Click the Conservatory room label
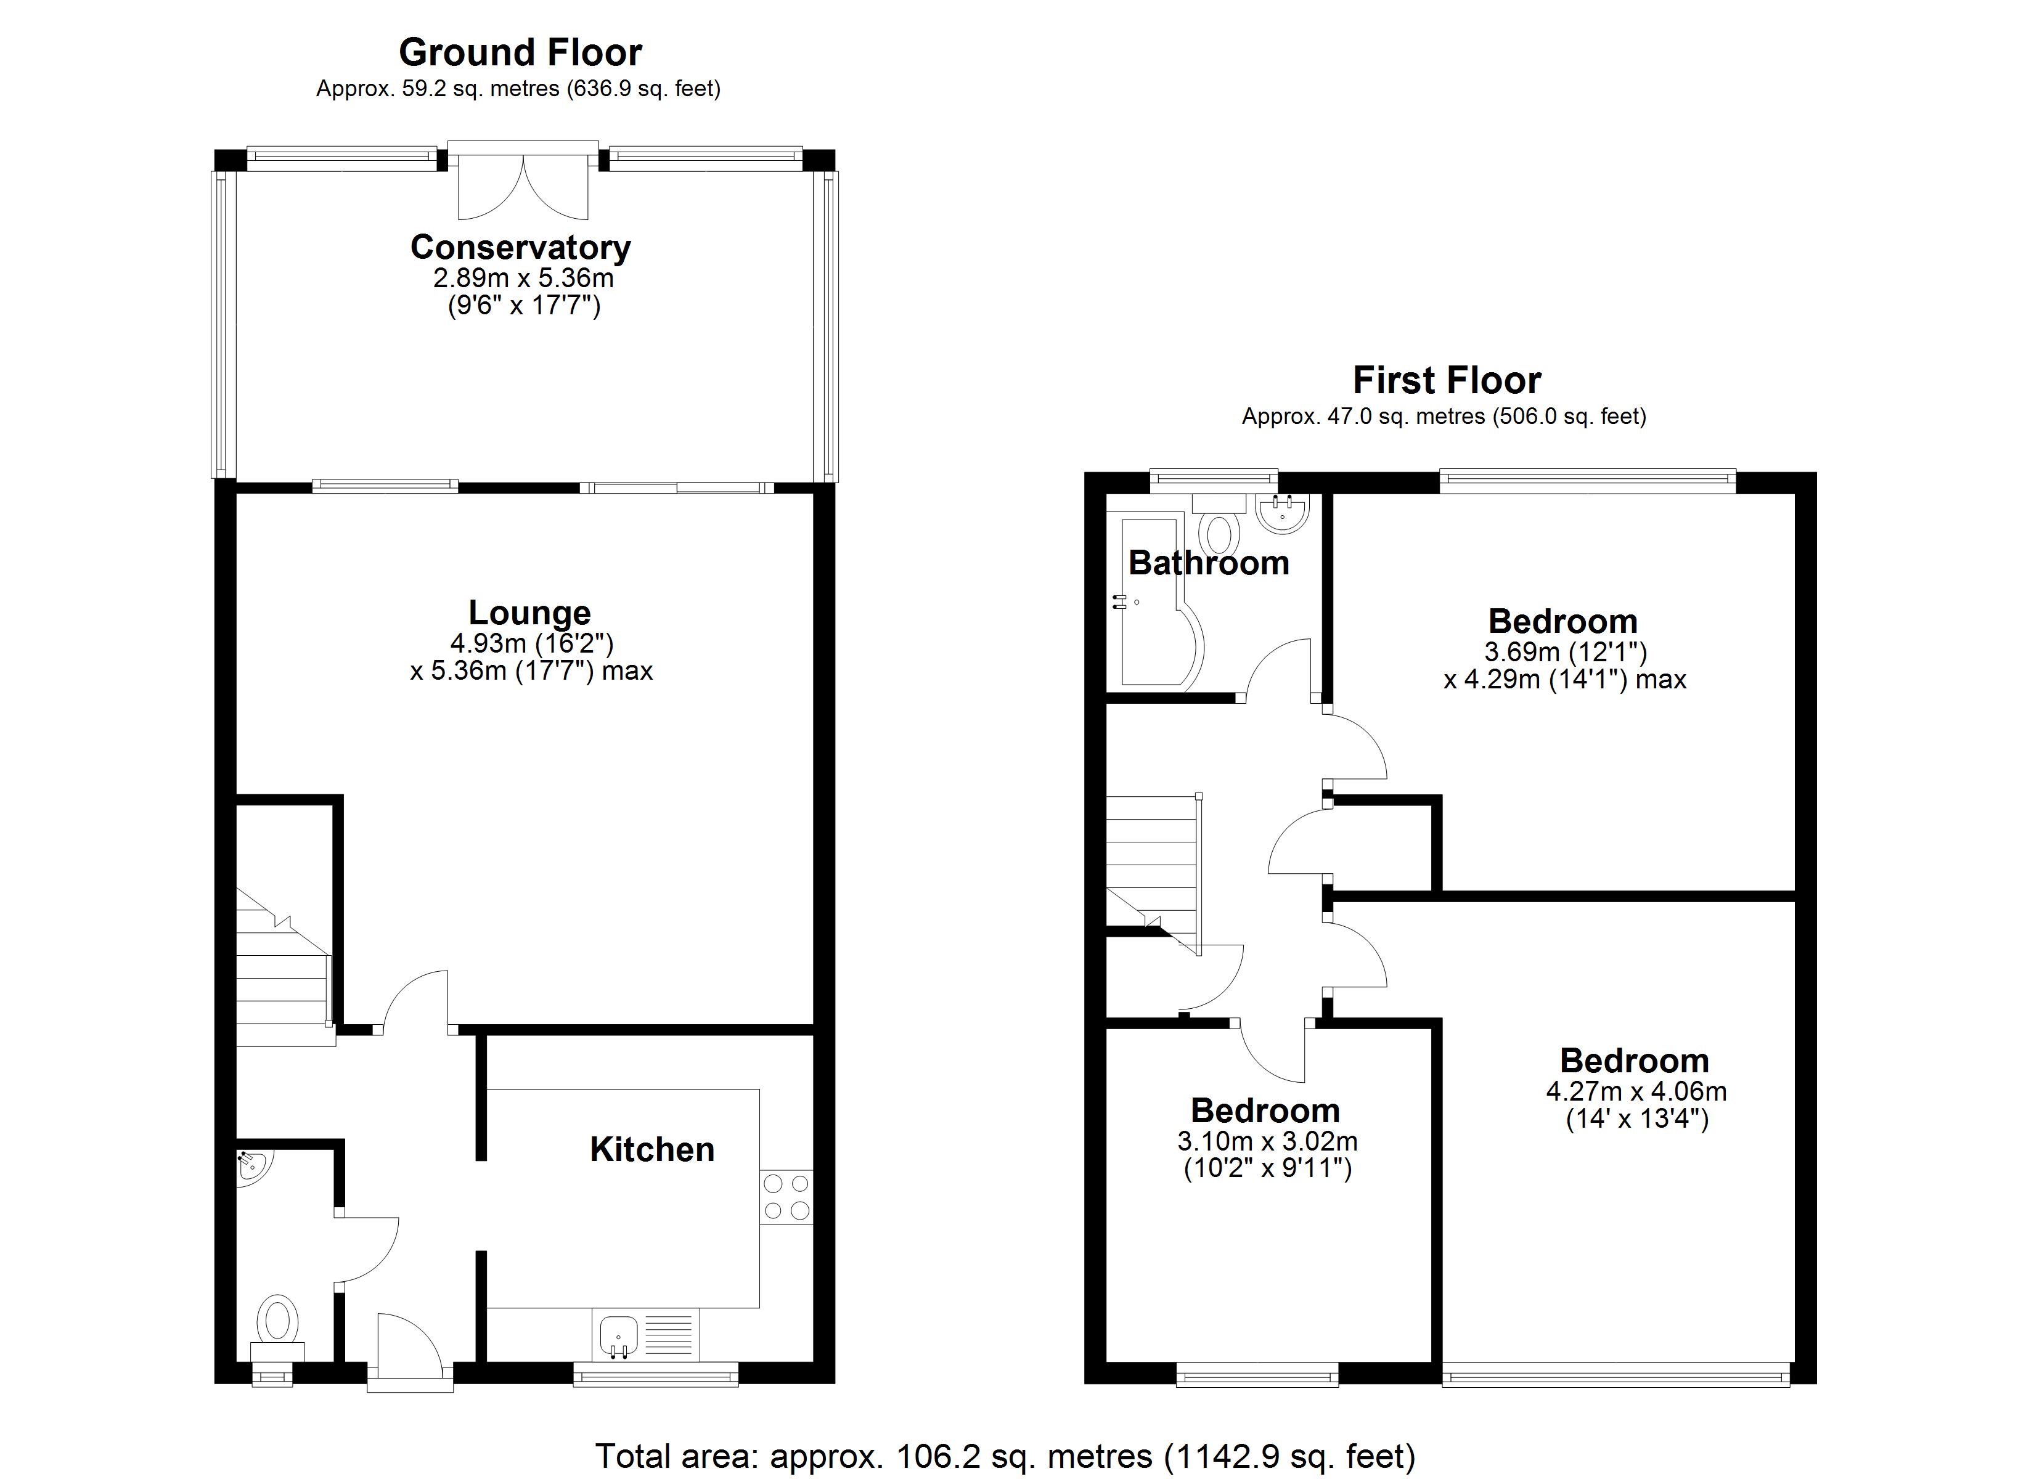[x=520, y=248]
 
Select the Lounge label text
[x=529, y=613]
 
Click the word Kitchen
[x=652, y=1150]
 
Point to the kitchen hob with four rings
[x=786, y=1197]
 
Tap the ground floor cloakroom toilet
[x=278, y=1324]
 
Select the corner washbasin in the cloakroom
[x=252, y=1168]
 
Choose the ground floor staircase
[x=282, y=969]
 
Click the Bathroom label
[x=1208, y=563]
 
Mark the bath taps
[x=1119, y=602]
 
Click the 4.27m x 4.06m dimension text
[x=1636, y=1091]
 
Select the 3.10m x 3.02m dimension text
[x=1266, y=1142]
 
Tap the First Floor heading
[x=1446, y=380]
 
